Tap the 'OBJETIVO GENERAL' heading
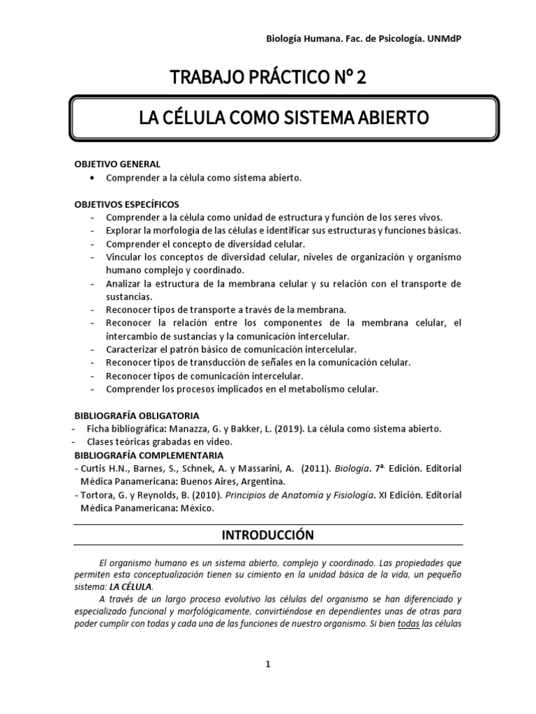[117, 164]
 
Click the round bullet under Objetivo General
[94, 178]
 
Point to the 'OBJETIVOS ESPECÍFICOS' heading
[126, 204]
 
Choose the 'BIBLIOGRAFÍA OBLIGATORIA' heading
[137, 415]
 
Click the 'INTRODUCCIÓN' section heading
[268, 535]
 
